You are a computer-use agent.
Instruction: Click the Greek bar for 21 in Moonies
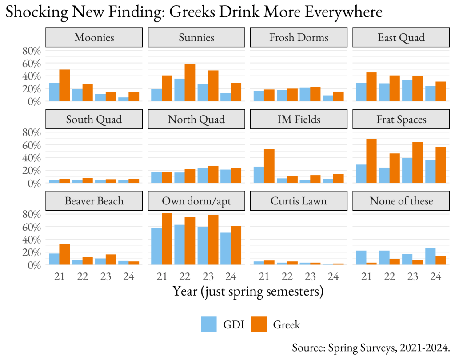coord(64,85)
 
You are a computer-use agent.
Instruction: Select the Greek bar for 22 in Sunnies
coord(190,83)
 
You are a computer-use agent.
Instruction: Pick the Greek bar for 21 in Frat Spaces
coord(371,161)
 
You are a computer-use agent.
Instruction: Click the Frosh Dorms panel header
coord(299,37)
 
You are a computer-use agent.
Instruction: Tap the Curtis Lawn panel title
coord(299,201)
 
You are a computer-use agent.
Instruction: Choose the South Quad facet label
coord(94,119)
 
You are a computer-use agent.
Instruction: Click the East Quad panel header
coord(401,37)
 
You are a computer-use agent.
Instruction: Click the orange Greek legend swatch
coord(259,324)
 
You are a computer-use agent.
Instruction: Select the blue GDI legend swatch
coord(209,324)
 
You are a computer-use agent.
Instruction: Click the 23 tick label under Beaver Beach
coord(106,276)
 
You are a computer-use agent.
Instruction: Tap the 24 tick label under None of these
coord(435,276)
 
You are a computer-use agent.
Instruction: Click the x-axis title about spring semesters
coord(247,292)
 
